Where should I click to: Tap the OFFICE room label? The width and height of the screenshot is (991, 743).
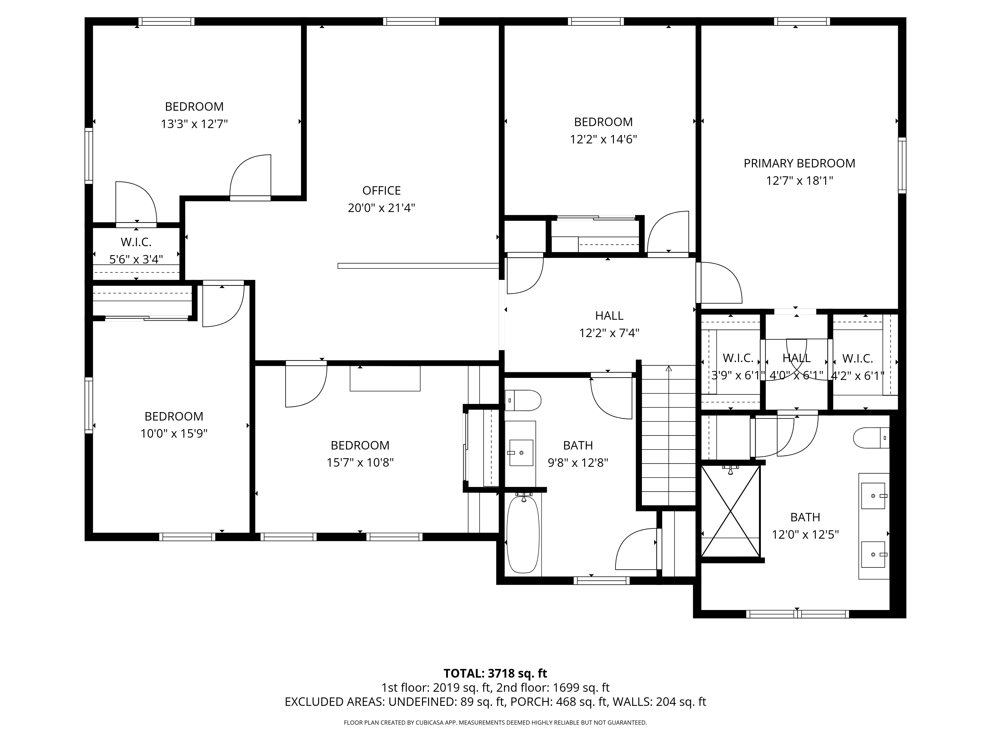coord(381,191)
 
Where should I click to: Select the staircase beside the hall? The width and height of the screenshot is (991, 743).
coord(668,434)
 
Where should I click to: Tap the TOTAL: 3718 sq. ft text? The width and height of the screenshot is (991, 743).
coord(495,673)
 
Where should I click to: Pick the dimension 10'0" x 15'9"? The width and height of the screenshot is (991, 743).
coord(174,433)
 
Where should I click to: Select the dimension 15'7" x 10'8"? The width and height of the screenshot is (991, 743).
coord(360,462)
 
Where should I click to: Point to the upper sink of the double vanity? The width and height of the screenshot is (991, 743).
coord(873,496)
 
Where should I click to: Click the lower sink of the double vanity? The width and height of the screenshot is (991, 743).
coord(873,554)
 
